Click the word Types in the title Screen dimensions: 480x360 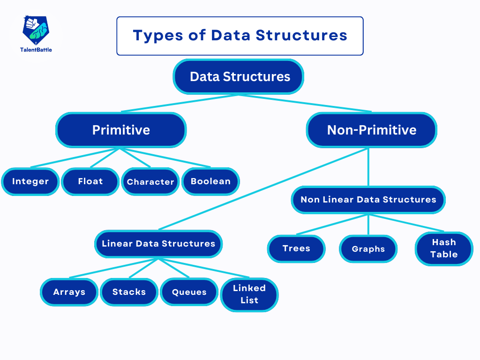pyautogui.click(x=157, y=36)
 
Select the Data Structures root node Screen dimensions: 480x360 pyautogui.click(x=239, y=76)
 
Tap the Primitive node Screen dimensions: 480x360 pyautogui.click(x=121, y=130)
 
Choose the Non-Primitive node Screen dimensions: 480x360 pyautogui.click(x=372, y=130)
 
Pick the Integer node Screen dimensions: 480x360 pyautogui.click(x=30, y=181)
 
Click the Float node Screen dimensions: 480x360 pyautogui.click(x=90, y=181)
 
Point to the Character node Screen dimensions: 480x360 pyautogui.click(x=150, y=181)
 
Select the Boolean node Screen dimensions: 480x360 pyautogui.click(x=210, y=181)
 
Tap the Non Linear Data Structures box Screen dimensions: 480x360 pyautogui.click(x=368, y=200)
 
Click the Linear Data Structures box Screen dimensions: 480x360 pyautogui.click(x=158, y=244)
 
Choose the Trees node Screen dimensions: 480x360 pyautogui.click(x=296, y=248)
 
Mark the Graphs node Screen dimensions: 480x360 pyautogui.click(x=368, y=249)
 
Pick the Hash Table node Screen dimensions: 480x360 pyautogui.click(x=444, y=248)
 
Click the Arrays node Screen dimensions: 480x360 pyautogui.click(x=69, y=292)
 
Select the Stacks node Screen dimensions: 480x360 pyautogui.click(x=129, y=292)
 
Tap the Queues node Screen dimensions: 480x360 pyautogui.click(x=189, y=292)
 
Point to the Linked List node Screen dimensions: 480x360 pyautogui.click(x=249, y=294)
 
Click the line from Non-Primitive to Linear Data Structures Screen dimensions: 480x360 pyautogui.click(x=263, y=189)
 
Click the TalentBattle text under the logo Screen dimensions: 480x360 pyautogui.click(x=36, y=50)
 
